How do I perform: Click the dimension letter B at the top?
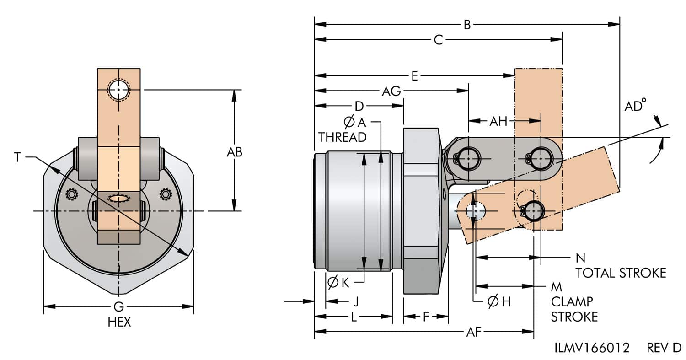click(x=467, y=24)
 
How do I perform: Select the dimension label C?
click(x=438, y=40)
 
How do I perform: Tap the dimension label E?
click(x=414, y=76)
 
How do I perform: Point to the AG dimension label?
click(x=391, y=91)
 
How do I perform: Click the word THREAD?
click(x=343, y=137)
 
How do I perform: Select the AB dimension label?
click(x=235, y=152)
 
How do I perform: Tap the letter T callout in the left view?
click(x=17, y=157)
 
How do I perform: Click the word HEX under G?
click(x=119, y=322)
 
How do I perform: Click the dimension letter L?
click(x=354, y=317)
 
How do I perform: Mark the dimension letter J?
click(x=356, y=301)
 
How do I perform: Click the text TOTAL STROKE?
click(x=620, y=273)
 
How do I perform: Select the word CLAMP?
click(x=572, y=301)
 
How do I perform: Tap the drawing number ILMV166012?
click(x=592, y=348)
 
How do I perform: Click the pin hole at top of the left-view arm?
click(x=119, y=90)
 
